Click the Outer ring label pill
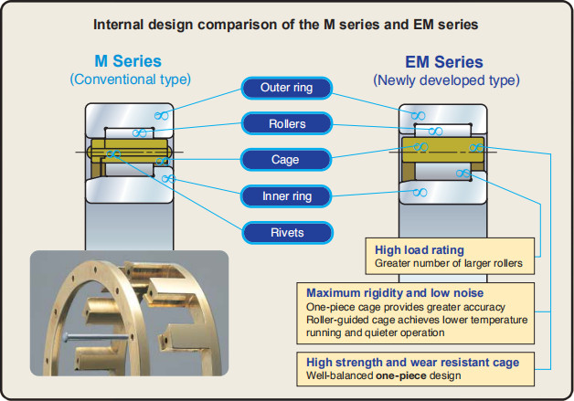click(x=287, y=88)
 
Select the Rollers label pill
click(x=287, y=123)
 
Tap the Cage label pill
click(x=286, y=160)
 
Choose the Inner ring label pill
click(x=286, y=196)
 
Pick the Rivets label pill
click(x=287, y=233)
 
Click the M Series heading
click(x=128, y=61)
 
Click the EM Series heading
click(x=444, y=62)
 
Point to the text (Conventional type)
click(x=131, y=79)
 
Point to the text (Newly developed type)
click(x=446, y=80)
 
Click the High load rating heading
click(x=420, y=250)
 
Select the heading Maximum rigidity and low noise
click(x=395, y=293)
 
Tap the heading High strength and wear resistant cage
click(x=413, y=363)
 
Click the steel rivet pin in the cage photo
click(x=96, y=337)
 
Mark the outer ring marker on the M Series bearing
click(x=162, y=116)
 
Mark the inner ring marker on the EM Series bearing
click(x=420, y=192)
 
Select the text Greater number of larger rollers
click(x=449, y=263)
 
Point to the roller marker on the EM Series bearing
click(x=435, y=131)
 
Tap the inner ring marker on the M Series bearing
click(x=168, y=178)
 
